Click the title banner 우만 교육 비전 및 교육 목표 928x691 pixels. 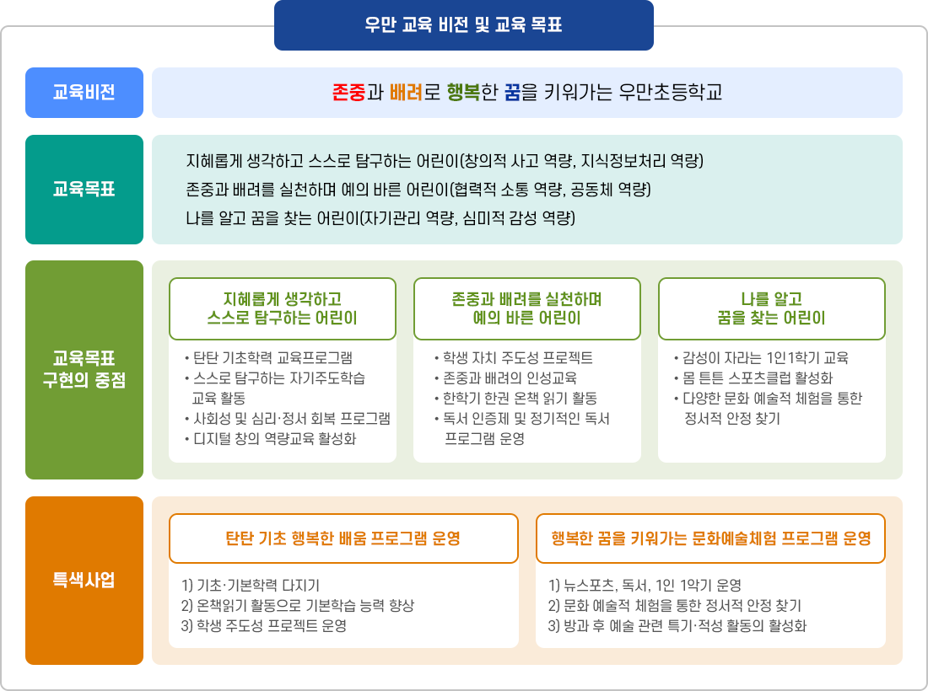point(463,25)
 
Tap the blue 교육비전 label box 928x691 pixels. point(84,93)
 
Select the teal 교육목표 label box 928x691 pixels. point(84,190)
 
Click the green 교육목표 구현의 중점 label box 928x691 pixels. point(84,369)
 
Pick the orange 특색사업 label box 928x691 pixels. point(84,581)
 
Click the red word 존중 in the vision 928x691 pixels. point(349,93)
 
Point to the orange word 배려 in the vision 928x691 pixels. point(406,93)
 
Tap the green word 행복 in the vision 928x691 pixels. point(463,93)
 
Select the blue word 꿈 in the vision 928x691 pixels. point(512,93)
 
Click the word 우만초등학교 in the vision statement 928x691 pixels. point(671,93)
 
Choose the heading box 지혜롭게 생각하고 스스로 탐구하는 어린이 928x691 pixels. point(283,308)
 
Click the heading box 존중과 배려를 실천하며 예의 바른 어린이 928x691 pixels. point(527,308)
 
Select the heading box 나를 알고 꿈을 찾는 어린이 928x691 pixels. point(771,308)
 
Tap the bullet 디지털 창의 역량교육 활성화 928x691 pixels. point(275,438)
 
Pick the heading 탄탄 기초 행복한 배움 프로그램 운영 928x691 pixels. point(343,538)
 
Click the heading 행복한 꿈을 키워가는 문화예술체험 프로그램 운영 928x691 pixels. point(710,538)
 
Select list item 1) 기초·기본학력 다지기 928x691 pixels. point(251,586)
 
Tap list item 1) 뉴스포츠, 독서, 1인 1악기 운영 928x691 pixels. point(645,586)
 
